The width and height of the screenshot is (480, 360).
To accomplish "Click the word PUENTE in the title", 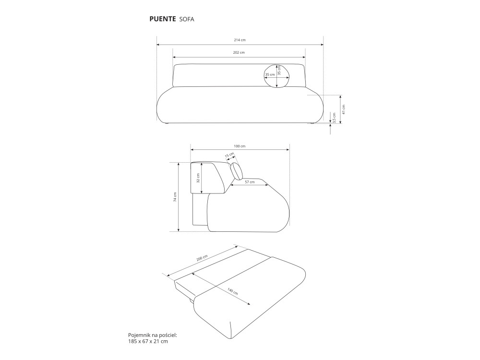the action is (x=163, y=19).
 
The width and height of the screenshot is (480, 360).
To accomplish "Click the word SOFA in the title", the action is (x=187, y=19).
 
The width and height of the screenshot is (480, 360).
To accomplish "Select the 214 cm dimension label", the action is (x=240, y=40).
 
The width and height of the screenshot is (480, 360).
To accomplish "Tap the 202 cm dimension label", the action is (x=239, y=52).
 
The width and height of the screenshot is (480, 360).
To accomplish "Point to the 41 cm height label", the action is (x=344, y=109).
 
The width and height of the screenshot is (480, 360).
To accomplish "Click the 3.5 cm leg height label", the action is (x=334, y=118).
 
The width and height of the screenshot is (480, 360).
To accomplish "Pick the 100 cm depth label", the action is (x=240, y=146).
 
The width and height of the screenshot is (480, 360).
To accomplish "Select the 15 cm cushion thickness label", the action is (x=229, y=155).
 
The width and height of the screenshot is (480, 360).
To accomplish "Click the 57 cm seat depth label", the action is (x=250, y=182).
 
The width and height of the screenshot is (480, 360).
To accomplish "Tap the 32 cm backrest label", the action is (x=198, y=178).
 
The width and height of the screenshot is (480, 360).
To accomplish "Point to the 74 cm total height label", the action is (x=175, y=197).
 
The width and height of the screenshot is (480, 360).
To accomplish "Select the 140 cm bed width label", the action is (x=233, y=291).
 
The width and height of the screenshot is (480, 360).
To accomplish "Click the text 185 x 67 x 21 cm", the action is (x=148, y=341).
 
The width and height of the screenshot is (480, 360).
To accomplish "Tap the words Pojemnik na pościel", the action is (x=153, y=335).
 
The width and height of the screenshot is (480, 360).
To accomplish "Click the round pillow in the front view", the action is (x=277, y=76).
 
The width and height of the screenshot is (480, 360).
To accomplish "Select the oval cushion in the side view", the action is (x=236, y=171).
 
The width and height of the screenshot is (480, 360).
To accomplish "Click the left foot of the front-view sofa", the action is (x=166, y=123).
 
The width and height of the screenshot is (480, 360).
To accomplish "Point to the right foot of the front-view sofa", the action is (x=312, y=123).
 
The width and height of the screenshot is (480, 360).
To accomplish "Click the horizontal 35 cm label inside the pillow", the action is (x=270, y=75).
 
